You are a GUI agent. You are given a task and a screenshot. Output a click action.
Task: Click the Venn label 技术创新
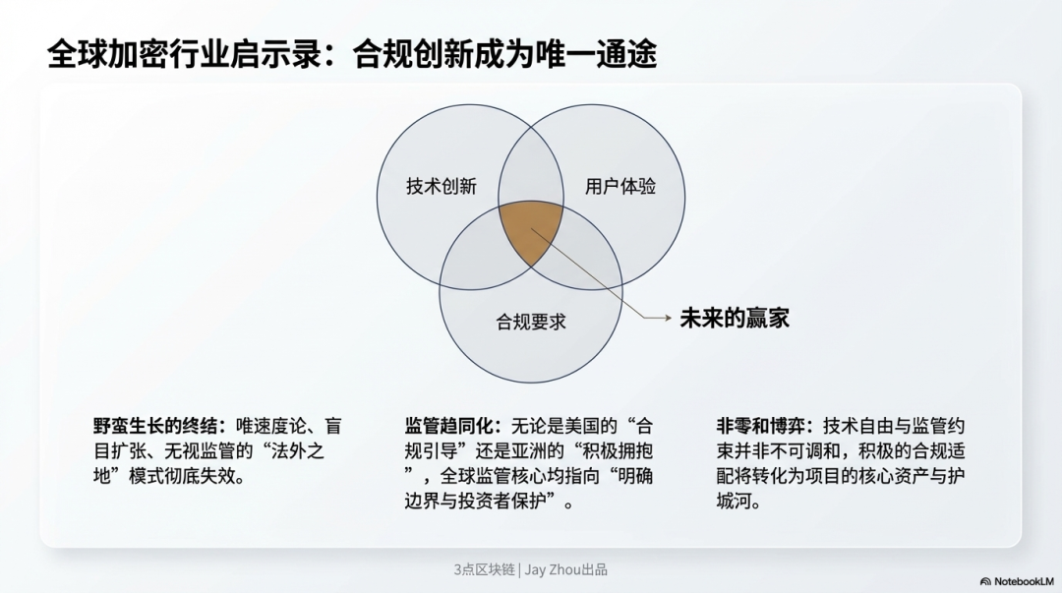coord(442,187)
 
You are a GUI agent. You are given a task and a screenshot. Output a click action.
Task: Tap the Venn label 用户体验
coord(620,187)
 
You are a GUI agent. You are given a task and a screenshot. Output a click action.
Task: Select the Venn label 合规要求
coord(531,322)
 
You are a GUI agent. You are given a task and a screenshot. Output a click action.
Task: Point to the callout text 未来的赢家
coord(735,318)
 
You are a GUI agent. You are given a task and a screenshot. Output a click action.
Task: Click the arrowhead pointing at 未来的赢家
coord(667,318)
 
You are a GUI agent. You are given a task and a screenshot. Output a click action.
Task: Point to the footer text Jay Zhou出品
coord(566,570)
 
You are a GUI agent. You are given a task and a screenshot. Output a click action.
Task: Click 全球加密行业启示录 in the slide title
coord(184,54)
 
